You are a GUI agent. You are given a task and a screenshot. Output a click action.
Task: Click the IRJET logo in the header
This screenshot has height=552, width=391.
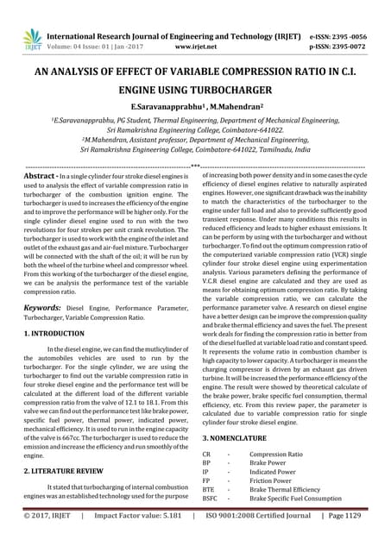pos(32,38)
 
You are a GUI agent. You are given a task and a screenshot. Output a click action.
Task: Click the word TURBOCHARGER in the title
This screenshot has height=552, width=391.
pos(227,88)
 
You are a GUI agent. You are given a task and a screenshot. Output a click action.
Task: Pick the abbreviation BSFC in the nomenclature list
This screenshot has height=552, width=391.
pos(210,499)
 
